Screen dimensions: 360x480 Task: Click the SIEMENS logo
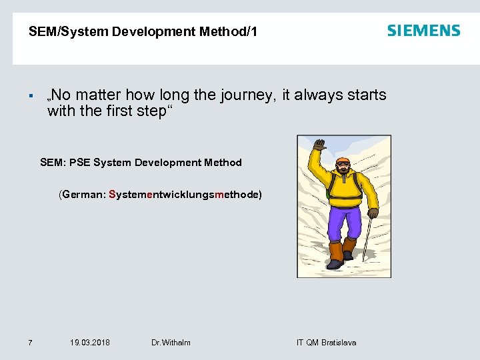point(423,31)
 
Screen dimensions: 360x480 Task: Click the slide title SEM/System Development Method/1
point(143,31)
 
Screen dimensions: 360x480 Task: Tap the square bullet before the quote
point(31,95)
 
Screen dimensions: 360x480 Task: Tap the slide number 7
point(30,343)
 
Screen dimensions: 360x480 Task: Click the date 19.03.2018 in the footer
point(90,343)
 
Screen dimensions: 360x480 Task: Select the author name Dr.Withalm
point(171,343)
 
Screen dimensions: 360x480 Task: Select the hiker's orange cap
point(343,161)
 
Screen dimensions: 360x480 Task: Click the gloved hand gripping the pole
point(373,213)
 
